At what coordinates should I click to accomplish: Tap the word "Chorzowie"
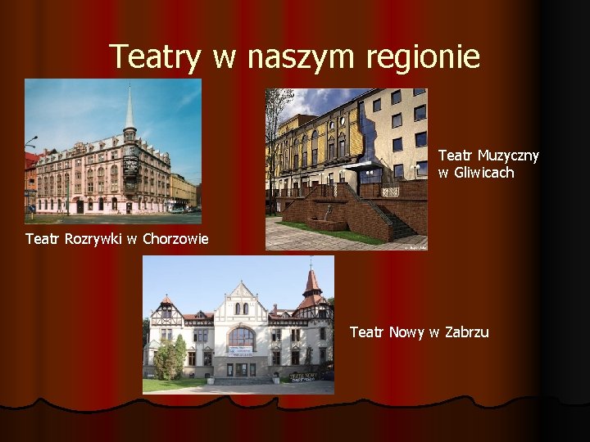coord(175,239)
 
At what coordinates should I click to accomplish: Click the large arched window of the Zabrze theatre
coord(241,336)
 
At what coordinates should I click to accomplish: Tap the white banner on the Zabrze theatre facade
coord(241,352)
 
